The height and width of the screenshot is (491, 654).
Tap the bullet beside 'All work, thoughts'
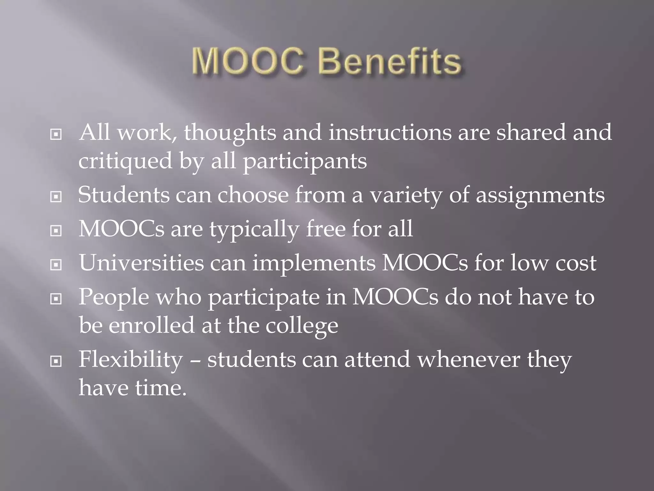[x=56, y=135]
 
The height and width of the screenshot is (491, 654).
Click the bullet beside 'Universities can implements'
[x=56, y=265]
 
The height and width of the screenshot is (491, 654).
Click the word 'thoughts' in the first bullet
[x=230, y=133]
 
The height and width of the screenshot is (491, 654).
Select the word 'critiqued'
[x=125, y=161]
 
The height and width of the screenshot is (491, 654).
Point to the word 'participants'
[x=305, y=161]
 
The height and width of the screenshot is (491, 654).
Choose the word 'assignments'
[x=540, y=195]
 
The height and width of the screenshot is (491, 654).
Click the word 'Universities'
[x=141, y=263]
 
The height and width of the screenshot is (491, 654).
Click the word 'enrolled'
[x=151, y=325]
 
